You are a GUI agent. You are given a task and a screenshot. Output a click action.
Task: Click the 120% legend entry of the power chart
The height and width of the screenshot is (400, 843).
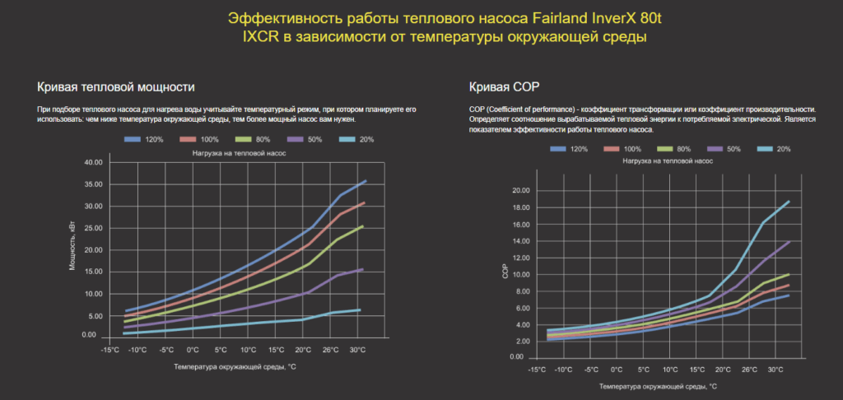click(144, 140)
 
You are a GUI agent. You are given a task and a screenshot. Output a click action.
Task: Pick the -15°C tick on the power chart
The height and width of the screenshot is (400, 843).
click(110, 349)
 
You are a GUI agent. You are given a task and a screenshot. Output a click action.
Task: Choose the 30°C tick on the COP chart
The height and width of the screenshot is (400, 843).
click(775, 370)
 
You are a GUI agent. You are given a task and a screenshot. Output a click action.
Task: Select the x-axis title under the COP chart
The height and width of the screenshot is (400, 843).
click(658, 385)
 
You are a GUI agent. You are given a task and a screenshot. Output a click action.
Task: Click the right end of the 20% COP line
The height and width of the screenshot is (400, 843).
click(789, 202)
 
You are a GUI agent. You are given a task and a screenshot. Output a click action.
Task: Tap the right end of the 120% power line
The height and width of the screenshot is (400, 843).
click(365, 181)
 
